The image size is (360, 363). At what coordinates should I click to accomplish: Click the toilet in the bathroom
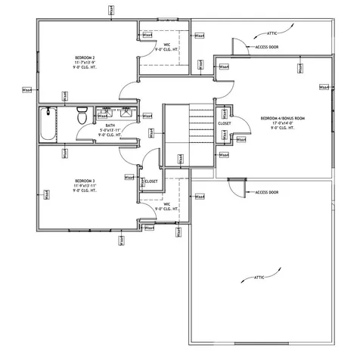tap(82, 117)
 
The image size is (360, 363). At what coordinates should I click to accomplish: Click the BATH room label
tap(110, 125)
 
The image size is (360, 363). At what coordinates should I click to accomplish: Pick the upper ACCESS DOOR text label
tap(268, 47)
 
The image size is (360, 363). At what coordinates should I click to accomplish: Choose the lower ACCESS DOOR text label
tap(267, 192)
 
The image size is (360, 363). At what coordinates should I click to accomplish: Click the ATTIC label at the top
tap(273, 33)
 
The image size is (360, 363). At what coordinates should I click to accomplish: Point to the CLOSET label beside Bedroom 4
tap(225, 123)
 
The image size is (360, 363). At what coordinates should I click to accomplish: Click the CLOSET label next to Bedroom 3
tap(151, 181)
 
